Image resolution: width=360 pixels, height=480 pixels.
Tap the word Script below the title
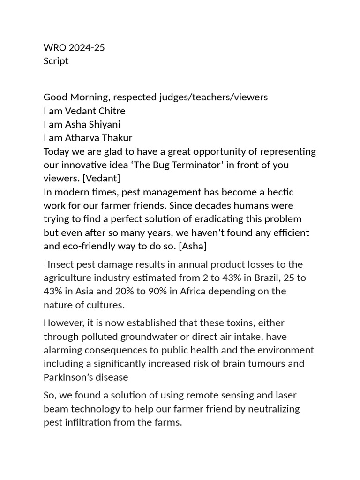[56, 61]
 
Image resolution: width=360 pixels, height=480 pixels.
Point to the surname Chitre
[111, 111]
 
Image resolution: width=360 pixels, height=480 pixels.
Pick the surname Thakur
[115, 138]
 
